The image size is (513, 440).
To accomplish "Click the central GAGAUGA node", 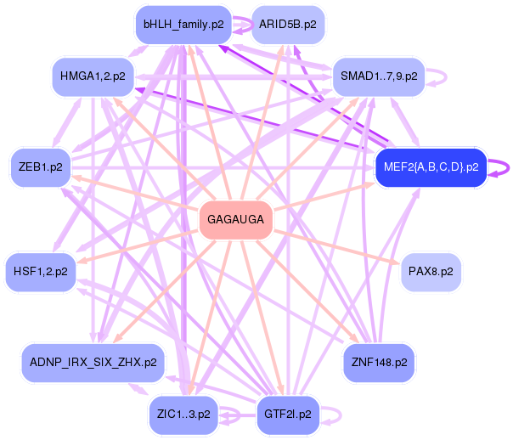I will pos(236,220).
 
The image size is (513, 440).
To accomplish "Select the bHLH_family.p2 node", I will pos(183,25).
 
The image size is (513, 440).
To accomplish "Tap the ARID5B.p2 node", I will pos(288,25).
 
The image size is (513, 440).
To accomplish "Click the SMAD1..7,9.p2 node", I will pos(379,76).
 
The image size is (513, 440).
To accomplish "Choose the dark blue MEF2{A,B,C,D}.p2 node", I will pos(431,166).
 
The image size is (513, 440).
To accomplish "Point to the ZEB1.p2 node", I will pos(40,166).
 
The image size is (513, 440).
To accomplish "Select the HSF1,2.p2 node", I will pos(40,272).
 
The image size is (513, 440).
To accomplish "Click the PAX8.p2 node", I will pos(431,272).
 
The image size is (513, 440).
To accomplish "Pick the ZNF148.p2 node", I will pos(379,362).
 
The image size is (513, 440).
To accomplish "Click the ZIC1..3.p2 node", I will pos(183,415).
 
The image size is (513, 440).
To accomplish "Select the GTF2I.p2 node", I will pos(288,415).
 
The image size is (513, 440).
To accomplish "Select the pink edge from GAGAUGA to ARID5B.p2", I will pos(264,119).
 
